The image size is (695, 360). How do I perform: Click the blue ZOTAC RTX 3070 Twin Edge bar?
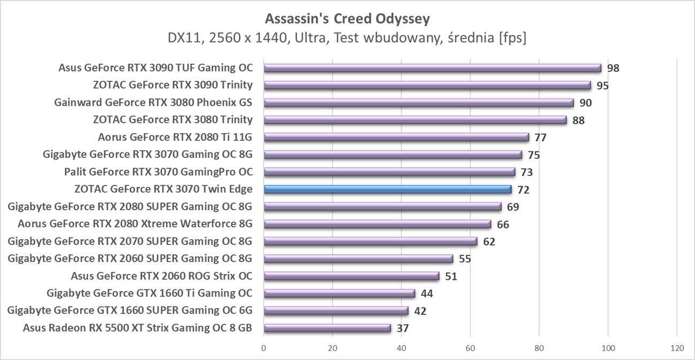[x=388, y=189]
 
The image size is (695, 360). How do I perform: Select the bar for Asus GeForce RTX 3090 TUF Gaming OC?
[x=432, y=68]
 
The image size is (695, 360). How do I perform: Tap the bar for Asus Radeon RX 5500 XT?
[x=327, y=328]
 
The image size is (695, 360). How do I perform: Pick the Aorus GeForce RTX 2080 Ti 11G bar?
[x=396, y=137]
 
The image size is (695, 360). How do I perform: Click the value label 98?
[x=613, y=68]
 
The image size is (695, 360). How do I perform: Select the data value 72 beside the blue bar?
[x=523, y=190]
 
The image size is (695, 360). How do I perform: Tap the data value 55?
[x=465, y=259]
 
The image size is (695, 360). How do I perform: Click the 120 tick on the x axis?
[x=677, y=348]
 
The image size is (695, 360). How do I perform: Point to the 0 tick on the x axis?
[x=264, y=348]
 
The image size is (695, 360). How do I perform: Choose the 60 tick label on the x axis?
[x=470, y=348]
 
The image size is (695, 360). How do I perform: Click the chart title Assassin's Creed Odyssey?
[x=347, y=19]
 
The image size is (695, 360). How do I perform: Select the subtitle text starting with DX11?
[x=347, y=39]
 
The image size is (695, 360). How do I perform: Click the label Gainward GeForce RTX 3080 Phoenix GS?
[x=153, y=102]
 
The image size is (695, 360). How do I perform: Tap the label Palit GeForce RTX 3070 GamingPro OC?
[x=158, y=172]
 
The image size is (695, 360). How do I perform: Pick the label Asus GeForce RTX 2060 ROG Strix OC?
[x=161, y=276]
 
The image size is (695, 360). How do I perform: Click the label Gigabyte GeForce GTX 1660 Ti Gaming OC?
[x=149, y=293]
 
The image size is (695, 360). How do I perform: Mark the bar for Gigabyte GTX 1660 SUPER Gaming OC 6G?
[x=336, y=311]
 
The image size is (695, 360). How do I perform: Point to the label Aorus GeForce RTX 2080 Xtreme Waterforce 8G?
[x=135, y=224]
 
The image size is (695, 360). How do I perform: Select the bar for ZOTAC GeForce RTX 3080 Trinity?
[x=415, y=120]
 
